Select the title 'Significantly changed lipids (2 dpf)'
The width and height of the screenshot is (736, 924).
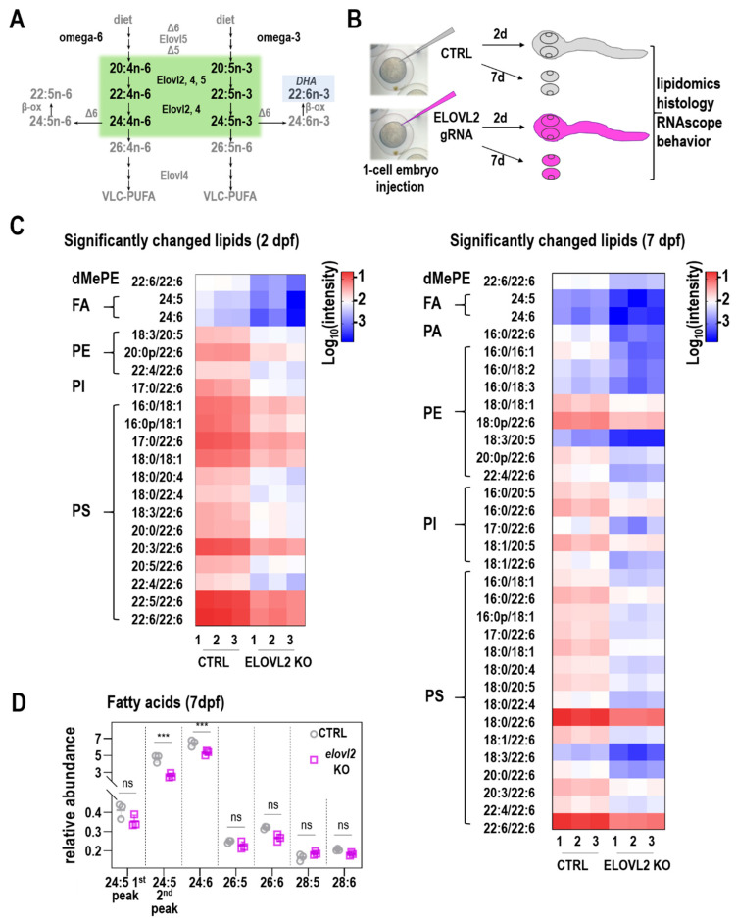(x=188, y=241)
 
